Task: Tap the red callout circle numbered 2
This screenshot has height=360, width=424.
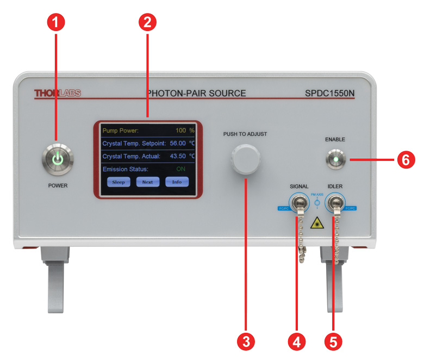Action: click(147, 22)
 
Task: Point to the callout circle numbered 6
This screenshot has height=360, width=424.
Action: click(403, 160)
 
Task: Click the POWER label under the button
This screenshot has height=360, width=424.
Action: click(57, 185)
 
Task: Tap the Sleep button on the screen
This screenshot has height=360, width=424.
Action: click(119, 182)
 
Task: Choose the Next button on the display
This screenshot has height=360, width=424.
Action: click(147, 182)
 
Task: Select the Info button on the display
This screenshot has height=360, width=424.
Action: click(177, 182)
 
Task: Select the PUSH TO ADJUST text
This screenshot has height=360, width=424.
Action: click(245, 133)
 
